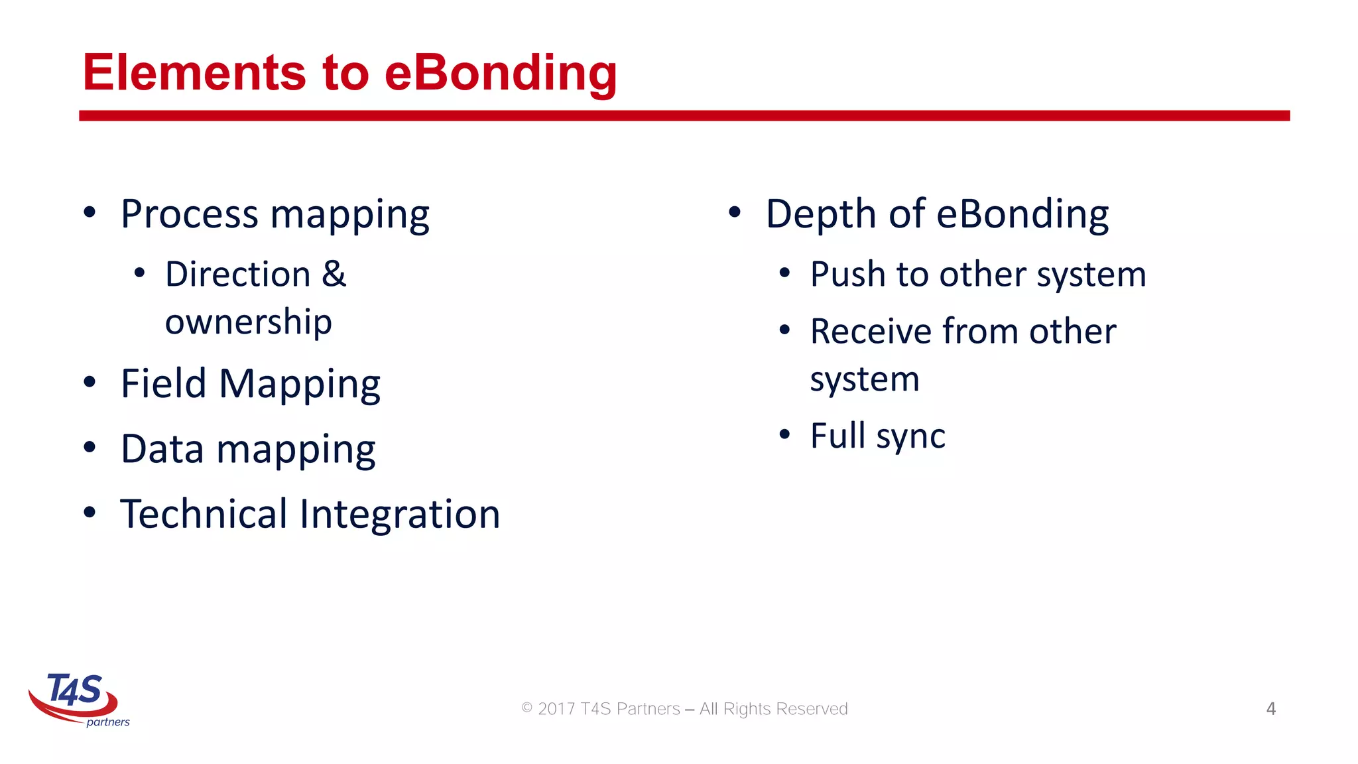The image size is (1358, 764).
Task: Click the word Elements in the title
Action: click(194, 72)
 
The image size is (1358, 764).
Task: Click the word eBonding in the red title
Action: click(501, 72)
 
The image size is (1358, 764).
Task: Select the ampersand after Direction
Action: click(334, 274)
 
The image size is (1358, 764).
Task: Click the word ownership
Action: click(248, 322)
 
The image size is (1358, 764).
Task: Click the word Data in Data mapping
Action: click(162, 449)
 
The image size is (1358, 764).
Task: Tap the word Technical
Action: click(204, 514)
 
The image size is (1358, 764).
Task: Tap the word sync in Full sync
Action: click(910, 437)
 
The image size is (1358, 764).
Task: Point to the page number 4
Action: click(1270, 708)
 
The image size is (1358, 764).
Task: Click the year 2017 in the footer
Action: click(556, 709)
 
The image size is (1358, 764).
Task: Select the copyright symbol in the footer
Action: click(527, 708)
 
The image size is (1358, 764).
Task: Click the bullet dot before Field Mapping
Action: click(90, 383)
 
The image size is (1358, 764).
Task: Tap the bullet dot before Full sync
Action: click(784, 434)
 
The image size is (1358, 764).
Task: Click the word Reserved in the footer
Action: click(812, 709)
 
